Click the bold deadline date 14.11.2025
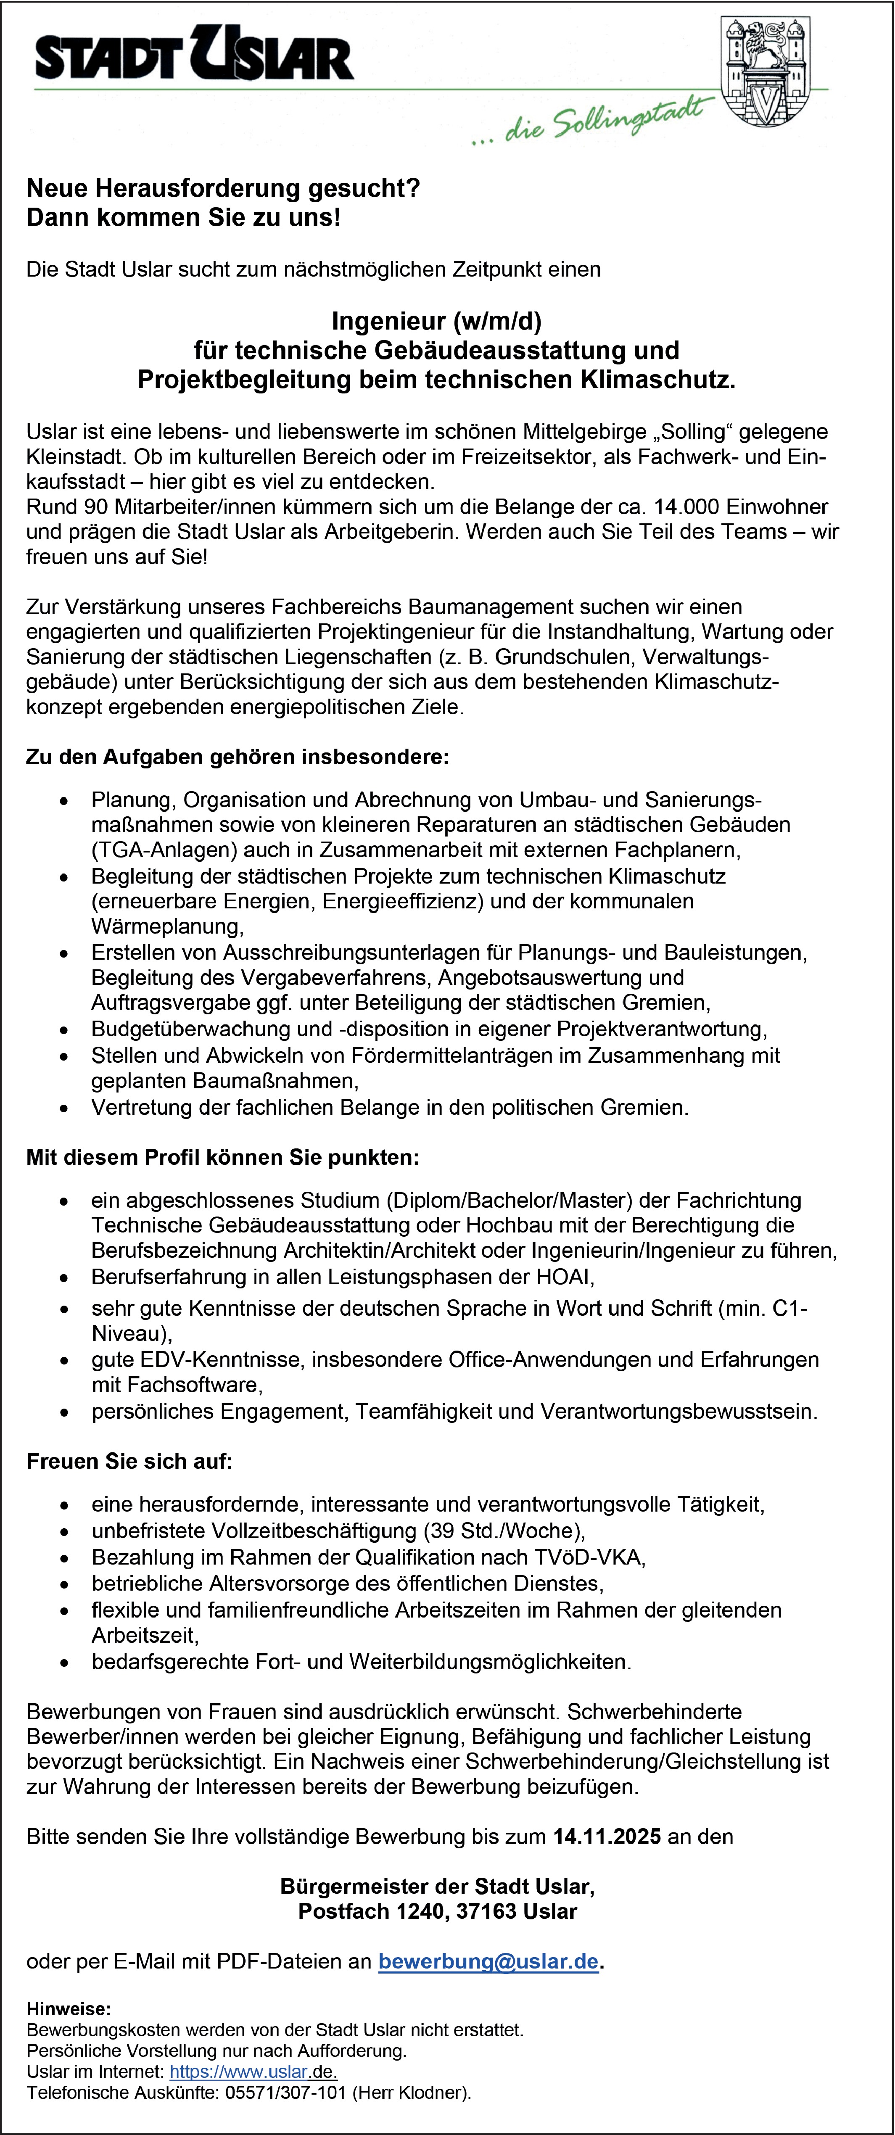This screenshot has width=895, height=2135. [x=607, y=1837]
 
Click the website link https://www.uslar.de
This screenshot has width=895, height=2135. [x=253, y=2072]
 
